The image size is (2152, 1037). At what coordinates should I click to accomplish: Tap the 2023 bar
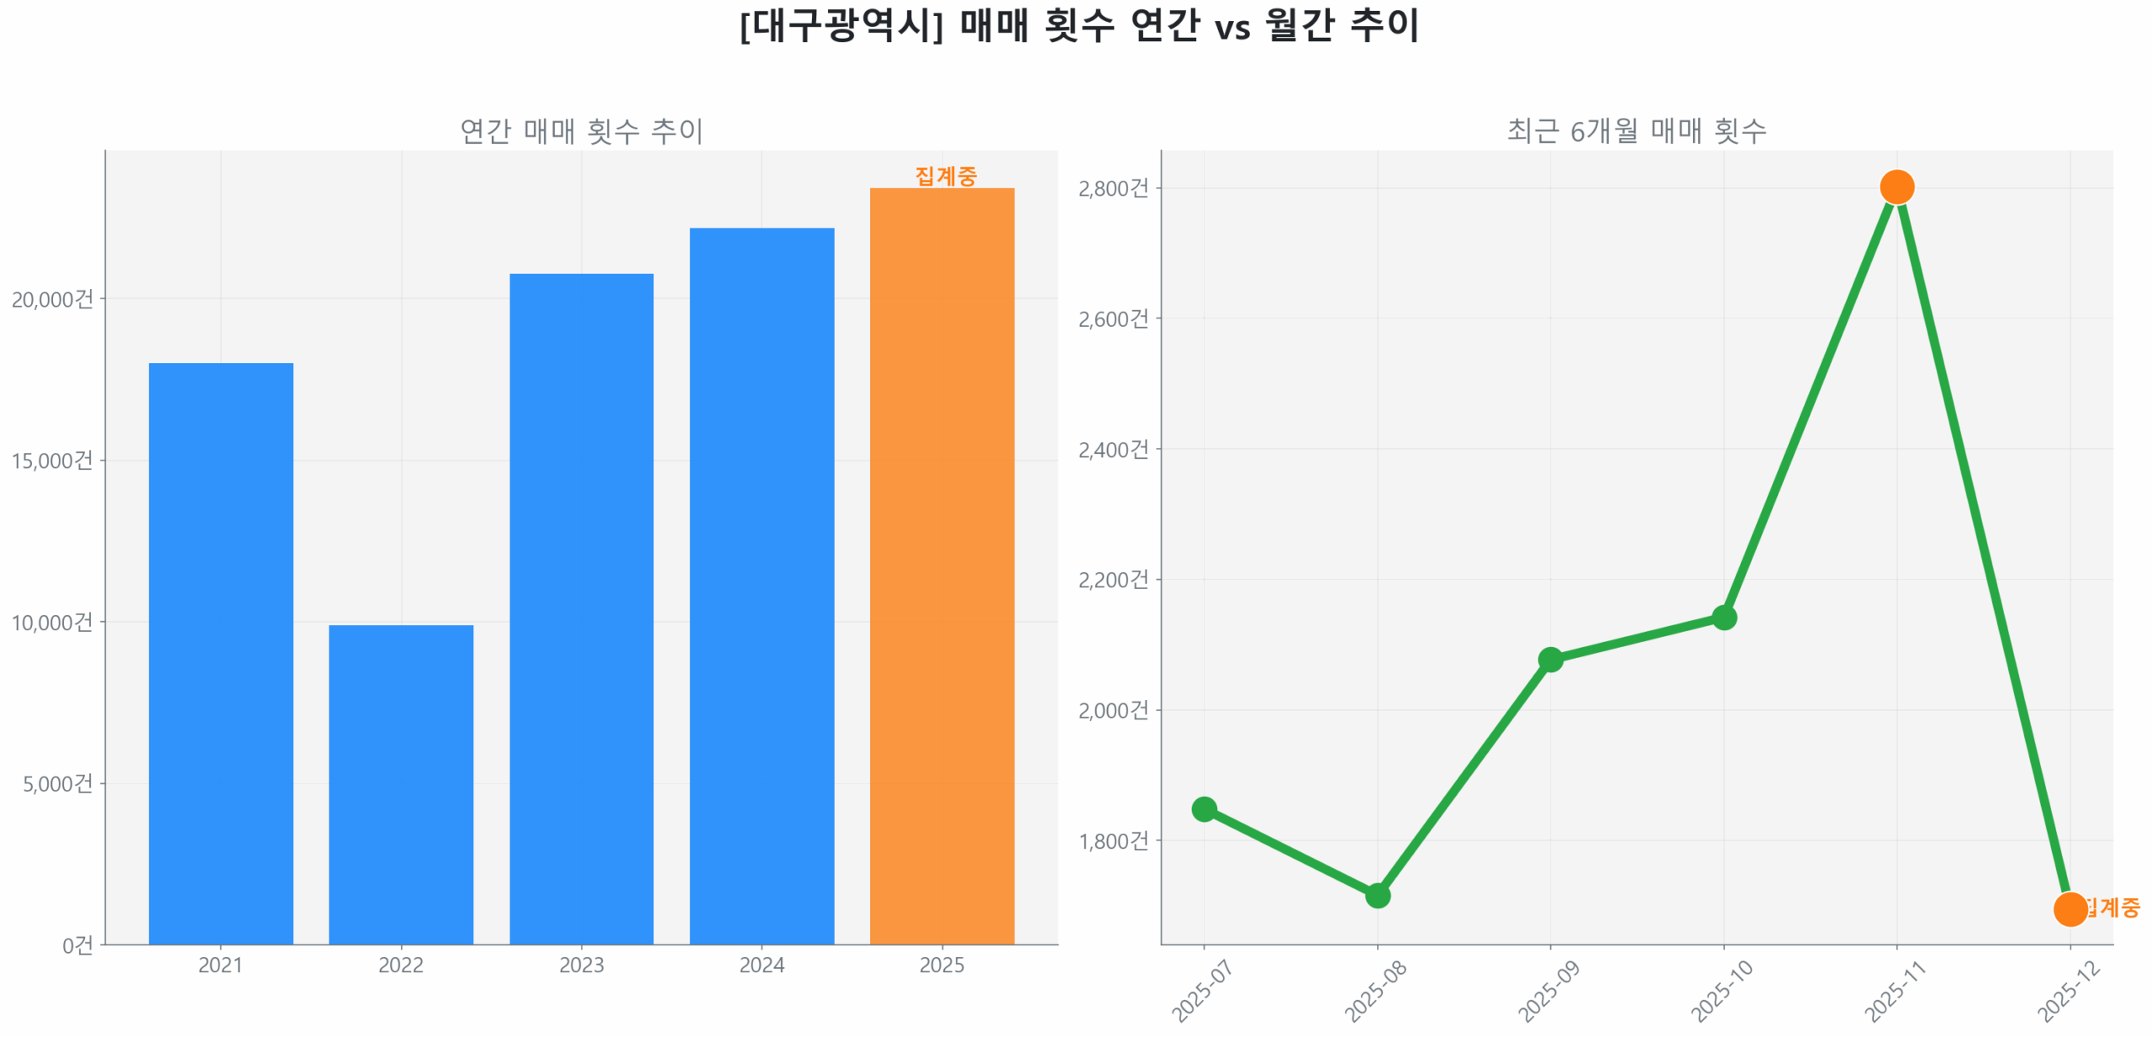[x=581, y=608]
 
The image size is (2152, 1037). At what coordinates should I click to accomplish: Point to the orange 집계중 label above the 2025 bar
[x=945, y=176]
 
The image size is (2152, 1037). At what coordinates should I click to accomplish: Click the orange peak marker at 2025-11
[x=1896, y=187]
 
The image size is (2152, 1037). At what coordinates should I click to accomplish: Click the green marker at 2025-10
[x=1723, y=617]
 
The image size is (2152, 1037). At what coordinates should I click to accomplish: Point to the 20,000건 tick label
[x=52, y=299]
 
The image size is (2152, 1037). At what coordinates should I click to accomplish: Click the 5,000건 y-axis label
[x=57, y=783]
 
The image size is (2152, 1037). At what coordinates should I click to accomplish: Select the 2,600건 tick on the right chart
[x=1112, y=318]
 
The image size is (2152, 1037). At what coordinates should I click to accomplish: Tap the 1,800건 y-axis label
[x=1112, y=840]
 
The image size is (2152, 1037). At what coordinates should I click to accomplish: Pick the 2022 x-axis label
[x=400, y=964]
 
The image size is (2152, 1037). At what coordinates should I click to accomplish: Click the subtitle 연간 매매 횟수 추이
[x=581, y=131]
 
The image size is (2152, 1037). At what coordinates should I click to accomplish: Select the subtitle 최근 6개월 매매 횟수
[x=1636, y=131]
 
